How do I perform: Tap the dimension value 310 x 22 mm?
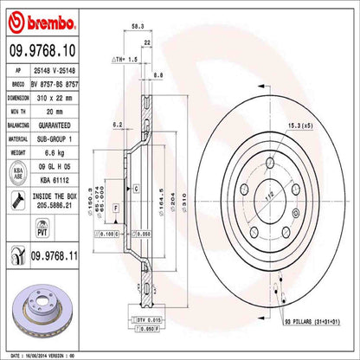[67, 98]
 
